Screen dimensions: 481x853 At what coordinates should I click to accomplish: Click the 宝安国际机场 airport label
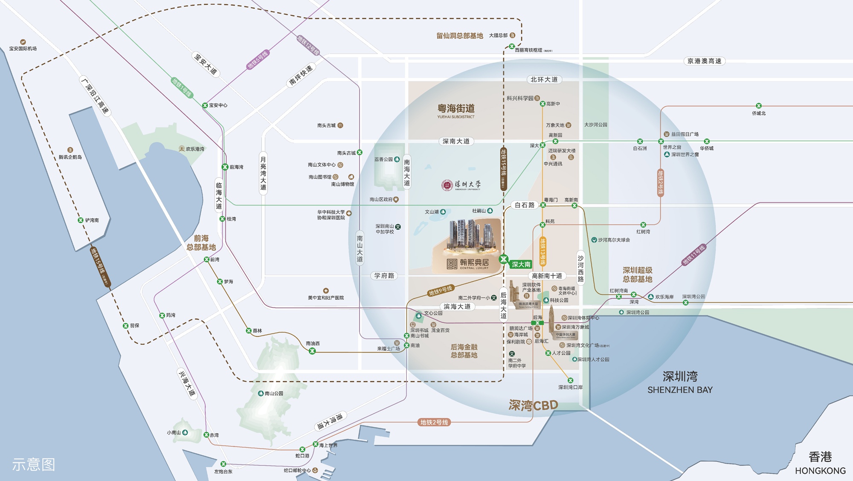(23, 49)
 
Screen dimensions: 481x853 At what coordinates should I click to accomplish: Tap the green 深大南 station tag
(521, 264)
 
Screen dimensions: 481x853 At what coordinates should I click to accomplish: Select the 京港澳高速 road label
(704, 61)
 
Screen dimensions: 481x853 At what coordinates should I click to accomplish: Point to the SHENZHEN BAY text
(680, 390)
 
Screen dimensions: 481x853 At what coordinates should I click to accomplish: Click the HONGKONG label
(820, 471)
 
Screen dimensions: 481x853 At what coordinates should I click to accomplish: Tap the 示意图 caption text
(34, 464)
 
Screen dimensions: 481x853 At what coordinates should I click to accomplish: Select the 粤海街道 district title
(456, 109)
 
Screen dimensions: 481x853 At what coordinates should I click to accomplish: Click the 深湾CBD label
(533, 405)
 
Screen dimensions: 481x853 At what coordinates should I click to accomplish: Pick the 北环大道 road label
(544, 80)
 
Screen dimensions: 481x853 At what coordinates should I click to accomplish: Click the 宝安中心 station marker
(205, 105)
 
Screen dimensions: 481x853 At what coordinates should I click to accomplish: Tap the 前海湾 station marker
(225, 167)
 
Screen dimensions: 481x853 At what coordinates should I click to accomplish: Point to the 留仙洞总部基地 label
(459, 36)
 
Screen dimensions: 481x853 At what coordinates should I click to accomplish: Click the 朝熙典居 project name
(474, 263)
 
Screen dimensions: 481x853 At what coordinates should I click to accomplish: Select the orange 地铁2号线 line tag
(434, 423)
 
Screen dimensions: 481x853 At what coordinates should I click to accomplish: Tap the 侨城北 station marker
(759, 106)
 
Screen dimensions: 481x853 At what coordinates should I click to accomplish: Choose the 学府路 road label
(384, 276)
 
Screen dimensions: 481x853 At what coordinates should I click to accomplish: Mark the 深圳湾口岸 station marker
(570, 380)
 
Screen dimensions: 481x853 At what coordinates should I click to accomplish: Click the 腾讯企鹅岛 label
(70, 157)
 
